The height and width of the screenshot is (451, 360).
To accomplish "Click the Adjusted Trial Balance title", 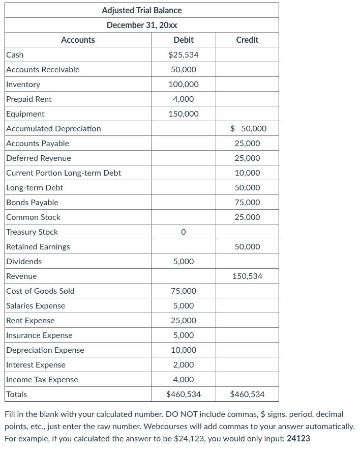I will (141, 10).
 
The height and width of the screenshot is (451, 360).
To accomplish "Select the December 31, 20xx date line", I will (141, 25).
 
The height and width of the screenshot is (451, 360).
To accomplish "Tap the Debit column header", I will (183, 40).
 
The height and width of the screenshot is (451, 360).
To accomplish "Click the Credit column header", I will (247, 40).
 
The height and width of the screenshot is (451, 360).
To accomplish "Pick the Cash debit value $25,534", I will (183, 54).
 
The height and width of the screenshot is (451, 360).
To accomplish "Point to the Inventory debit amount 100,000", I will (183, 84).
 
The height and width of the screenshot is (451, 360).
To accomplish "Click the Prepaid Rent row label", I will (29, 99).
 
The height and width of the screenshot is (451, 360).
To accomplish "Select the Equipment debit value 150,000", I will (183, 114).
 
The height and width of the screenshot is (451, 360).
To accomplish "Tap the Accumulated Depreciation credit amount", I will (248, 129).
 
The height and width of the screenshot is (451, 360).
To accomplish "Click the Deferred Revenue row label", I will (39, 158).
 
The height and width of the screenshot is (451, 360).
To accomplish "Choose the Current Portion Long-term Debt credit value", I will (247, 173).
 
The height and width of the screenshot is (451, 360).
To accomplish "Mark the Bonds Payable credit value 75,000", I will (247, 203).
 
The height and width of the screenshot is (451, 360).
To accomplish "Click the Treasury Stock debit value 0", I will (183, 232).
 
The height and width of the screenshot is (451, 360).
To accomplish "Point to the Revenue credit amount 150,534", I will (247, 276).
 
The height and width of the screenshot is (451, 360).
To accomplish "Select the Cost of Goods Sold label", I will (40, 291).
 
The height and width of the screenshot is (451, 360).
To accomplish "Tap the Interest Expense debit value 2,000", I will (183, 365).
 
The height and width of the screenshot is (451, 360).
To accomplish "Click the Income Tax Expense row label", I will (42, 380).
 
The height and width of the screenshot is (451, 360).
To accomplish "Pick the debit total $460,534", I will (183, 394).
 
